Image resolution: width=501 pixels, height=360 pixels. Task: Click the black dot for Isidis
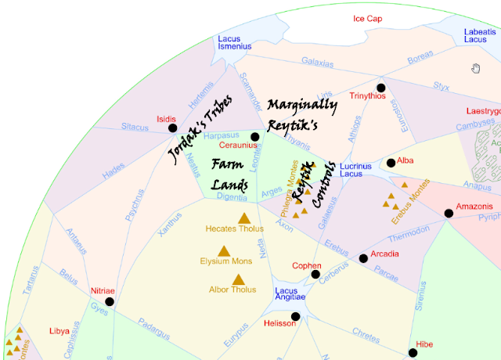(172, 128)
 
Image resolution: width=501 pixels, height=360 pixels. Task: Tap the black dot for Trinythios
(381, 88)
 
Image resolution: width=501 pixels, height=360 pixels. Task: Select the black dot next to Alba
(391, 163)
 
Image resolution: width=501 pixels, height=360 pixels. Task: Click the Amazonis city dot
(449, 213)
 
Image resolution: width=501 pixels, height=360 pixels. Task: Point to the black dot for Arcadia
(363, 258)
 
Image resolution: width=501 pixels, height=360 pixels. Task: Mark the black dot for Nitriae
(109, 301)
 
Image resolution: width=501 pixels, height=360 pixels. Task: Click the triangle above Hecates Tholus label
(243, 218)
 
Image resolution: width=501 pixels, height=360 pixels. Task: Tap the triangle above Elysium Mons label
(223, 251)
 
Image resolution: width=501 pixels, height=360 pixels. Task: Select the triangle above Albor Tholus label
(239, 279)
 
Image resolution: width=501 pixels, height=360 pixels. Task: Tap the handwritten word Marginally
(301, 105)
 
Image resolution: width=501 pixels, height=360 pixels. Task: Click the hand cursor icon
(475, 69)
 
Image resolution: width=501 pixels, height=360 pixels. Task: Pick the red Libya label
(59, 330)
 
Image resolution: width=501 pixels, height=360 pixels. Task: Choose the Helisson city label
(279, 323)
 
